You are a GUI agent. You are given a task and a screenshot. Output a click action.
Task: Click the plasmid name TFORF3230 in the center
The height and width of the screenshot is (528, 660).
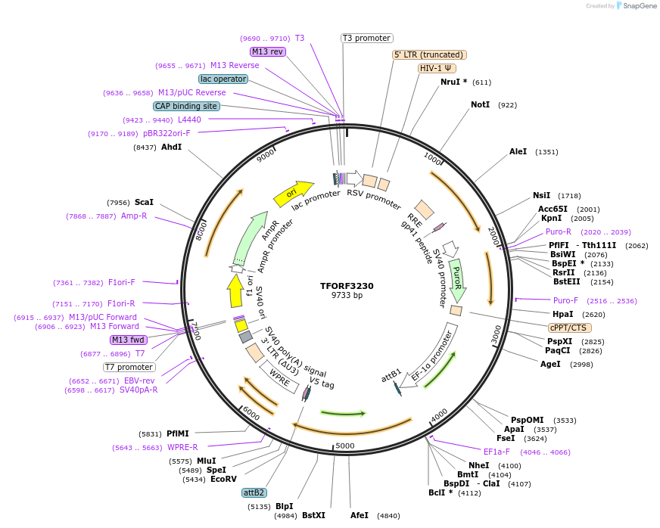pyautogui.click(x=347, y=286)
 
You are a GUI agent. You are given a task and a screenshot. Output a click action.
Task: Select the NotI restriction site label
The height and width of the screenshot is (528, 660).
pyautogui.click(x=480, y=104)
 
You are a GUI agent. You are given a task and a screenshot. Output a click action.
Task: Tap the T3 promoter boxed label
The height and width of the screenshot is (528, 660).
pyautogui.click(x=366, y=38)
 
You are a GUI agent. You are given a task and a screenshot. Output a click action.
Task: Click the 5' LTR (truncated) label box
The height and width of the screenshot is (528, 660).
pyautogui.click(x=429, y=54)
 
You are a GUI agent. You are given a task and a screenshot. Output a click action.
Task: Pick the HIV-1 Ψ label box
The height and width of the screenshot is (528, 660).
pyautogui.click(x=438, y=68)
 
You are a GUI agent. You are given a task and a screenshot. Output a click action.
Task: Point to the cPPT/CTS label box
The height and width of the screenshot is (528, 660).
pyautogui.click(x=570, y=328)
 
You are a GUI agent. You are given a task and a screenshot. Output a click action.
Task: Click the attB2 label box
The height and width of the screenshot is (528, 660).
pyautogui.click(x=254, y=492)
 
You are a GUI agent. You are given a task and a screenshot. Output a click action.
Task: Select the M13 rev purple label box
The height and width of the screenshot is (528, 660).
pyautogui.click(x=267, y=51)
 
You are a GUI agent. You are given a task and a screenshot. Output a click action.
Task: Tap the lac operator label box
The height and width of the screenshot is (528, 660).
pyautogui.click(x=223, y=79)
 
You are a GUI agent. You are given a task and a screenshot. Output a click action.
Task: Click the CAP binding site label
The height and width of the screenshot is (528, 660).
pyautogui.click(x=186, y=107)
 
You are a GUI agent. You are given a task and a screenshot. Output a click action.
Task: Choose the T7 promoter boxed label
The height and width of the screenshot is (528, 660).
pyautogui.click(x=129, y=367)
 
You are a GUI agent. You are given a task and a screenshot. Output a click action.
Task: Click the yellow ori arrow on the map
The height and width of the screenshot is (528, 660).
pyautogui.click(x=292, y=194)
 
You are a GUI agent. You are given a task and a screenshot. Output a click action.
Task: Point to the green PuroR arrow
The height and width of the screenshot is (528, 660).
pyautogui.click(x=457, y=278)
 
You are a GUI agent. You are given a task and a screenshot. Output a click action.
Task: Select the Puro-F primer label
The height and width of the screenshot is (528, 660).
pyautogui.click(x=565, y=300)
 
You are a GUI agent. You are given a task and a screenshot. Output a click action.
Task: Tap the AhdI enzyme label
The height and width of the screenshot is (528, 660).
pyautogui.click(x=171, y=147)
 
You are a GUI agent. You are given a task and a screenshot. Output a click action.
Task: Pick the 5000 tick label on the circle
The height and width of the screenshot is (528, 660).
pyautogui.click(x=344, y=446)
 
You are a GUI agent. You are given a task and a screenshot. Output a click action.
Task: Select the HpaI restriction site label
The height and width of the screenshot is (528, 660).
pyautogui.click(x=563, y=314)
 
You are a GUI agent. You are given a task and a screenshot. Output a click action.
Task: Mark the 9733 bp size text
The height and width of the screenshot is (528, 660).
pyautogui.click(x=347, y=296)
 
